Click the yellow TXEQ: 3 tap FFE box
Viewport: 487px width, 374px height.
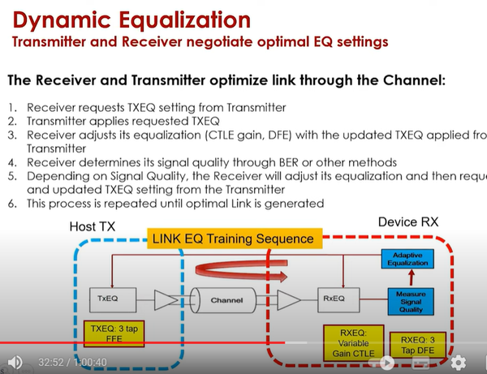click(x=113, y=333)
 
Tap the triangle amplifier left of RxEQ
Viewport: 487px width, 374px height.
click(x=284, y=299)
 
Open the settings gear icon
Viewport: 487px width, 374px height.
click(x=459, y=362)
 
